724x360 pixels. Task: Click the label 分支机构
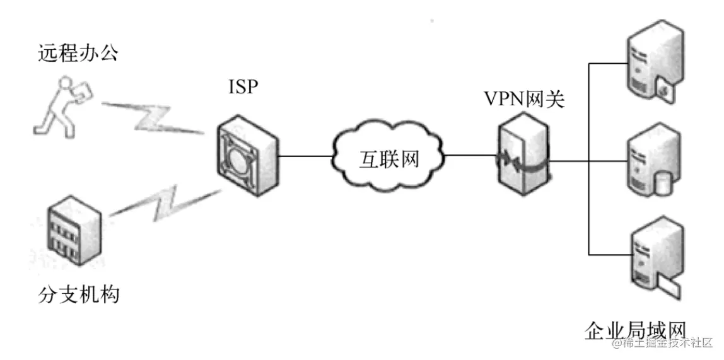78,293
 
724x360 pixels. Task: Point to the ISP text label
243,86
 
